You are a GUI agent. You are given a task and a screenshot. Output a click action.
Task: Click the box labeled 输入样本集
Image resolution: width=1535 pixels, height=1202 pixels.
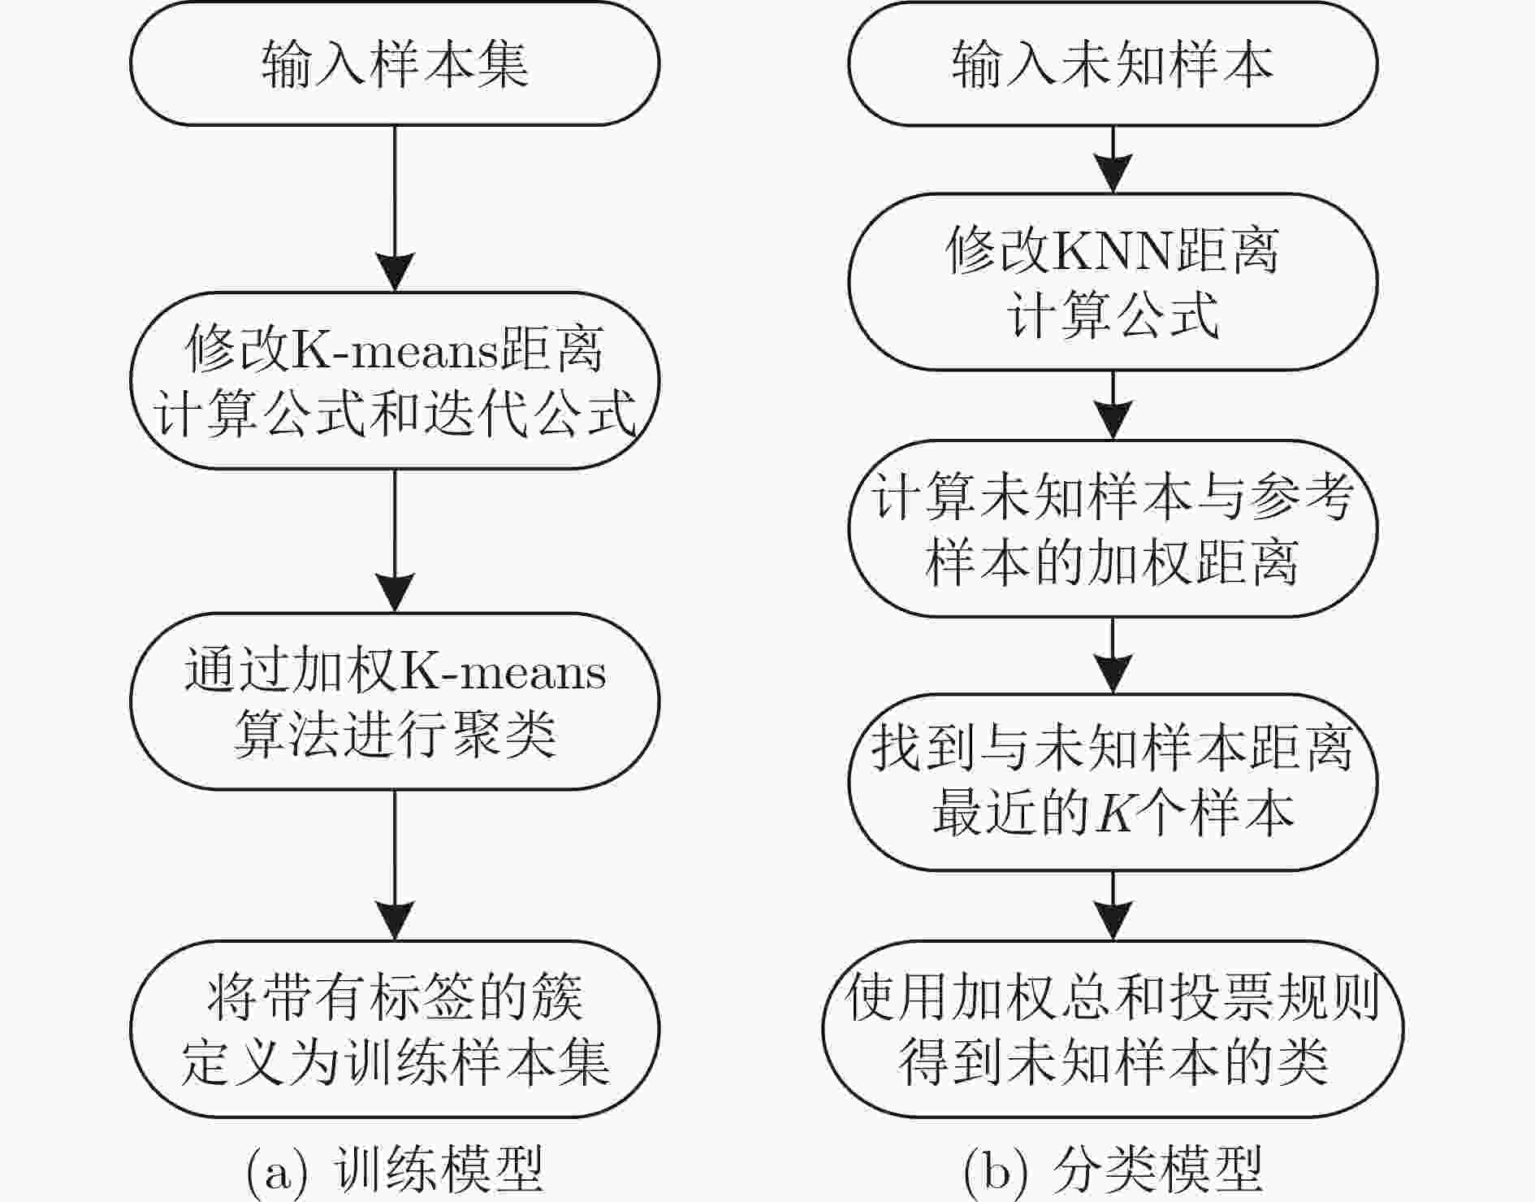395,63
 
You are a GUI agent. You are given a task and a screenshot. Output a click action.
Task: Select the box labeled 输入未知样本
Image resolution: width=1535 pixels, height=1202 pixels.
1113,63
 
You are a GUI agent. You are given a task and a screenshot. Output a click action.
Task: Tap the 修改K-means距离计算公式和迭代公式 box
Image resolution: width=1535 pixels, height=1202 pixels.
395,380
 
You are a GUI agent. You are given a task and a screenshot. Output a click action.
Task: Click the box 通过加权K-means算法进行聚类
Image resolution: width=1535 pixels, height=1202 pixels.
395,701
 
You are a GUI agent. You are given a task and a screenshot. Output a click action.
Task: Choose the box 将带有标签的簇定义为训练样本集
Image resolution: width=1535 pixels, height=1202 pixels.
395,1029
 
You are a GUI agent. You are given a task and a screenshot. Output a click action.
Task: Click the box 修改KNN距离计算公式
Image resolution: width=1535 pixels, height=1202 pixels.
1113,282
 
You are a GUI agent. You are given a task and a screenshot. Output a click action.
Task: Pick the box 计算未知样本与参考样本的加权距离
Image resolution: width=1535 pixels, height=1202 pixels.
1113,528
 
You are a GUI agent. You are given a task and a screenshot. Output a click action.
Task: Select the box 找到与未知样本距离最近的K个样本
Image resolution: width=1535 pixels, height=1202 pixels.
1113,782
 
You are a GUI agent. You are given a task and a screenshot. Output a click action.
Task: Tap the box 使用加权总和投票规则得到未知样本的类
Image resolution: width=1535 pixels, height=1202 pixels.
1113,1029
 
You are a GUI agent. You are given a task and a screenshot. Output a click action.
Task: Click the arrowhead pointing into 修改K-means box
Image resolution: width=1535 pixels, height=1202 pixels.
395,272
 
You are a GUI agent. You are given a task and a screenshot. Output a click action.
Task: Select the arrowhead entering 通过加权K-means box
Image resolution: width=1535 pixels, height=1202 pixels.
395,593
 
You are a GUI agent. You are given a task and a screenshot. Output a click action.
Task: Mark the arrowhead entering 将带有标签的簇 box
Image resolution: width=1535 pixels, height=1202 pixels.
395,921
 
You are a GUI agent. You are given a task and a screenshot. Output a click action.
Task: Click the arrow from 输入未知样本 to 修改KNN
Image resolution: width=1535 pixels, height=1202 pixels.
1113,159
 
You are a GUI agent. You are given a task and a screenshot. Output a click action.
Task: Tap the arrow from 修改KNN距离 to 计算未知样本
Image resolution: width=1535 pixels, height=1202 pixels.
1113,405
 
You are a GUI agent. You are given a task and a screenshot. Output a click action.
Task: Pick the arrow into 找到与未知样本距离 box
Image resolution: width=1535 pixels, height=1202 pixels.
1113,655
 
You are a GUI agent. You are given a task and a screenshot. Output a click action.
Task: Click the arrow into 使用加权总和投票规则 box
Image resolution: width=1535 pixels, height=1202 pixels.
1113,905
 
